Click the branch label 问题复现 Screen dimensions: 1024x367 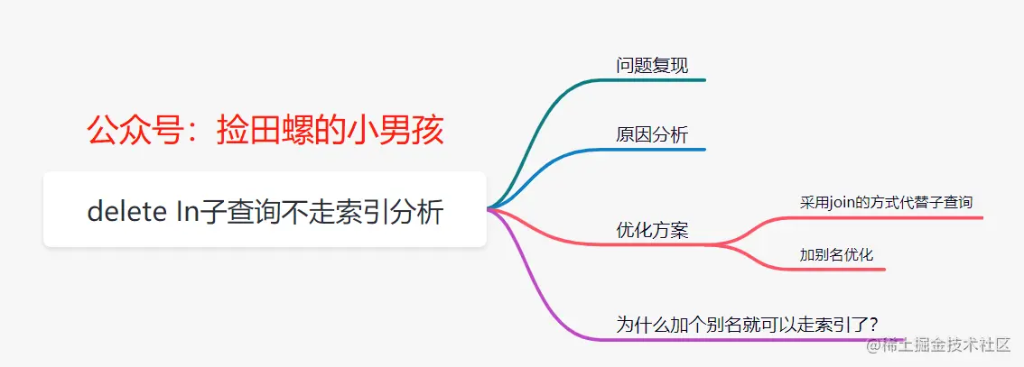coord(652,66)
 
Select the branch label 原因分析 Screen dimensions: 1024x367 coord(652,135)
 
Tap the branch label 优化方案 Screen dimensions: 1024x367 coord(652,230)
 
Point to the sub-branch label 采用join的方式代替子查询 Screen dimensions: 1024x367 coord(886,202)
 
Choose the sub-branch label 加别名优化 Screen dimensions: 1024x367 coord(836,254)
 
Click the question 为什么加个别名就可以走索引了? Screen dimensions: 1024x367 coord(747,325)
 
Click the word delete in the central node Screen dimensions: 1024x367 coord(127,212)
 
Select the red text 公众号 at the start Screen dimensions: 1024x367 coord(134,131)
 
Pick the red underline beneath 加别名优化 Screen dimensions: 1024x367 coord(842,269)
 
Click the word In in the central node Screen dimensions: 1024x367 coord(187,212)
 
